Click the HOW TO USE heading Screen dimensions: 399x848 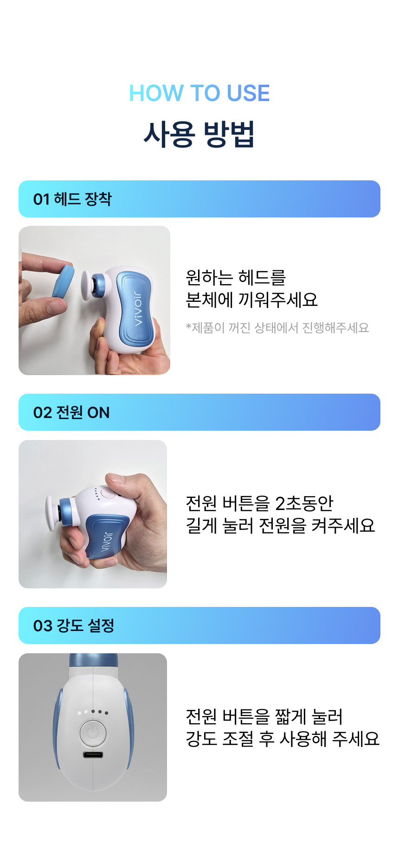[x=199, y=93]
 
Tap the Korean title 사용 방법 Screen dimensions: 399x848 [x=199, y=134]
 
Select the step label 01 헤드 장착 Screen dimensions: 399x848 [x=72, y=199]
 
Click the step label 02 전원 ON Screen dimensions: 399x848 [x=71, y=412]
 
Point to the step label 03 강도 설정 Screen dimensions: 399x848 [x=74, y=625]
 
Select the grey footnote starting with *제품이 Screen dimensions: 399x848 [x=277, y=328]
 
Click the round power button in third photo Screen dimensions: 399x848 [x=93, y=733]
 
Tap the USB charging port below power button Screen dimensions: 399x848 [x=93, y=755]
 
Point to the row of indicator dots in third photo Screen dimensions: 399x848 [x=93, y=712]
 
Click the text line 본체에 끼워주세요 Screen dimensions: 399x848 [x=252, y=300]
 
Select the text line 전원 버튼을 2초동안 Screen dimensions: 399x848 [x=259, y=503]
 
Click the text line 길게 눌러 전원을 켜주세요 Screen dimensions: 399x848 [x=280, y=525]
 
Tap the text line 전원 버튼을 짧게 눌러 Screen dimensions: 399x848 [x=264, y=716]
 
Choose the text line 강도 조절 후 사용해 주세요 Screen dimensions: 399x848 [x=283, y=739]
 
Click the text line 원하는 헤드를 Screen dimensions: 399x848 [x=236, y=277]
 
